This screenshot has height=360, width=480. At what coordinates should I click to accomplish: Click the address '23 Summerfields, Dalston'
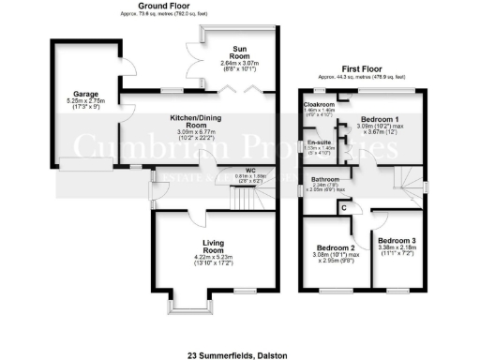(x=240, y=355)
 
